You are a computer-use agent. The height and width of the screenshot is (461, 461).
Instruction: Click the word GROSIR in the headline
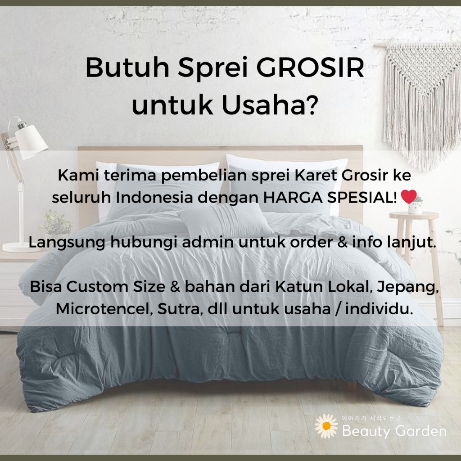point(310,68)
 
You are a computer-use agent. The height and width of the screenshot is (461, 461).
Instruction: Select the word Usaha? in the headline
point(270,104)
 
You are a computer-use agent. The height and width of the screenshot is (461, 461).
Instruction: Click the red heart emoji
point(409,196)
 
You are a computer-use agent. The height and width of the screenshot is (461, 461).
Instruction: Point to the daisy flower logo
point(326,426)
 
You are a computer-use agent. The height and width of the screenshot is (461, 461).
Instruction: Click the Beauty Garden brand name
point(394,431)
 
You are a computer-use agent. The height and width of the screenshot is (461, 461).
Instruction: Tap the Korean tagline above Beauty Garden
point(371,418)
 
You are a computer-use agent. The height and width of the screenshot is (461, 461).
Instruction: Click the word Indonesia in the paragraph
point(154,197)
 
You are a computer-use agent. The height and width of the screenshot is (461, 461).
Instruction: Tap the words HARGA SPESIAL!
point(330,197)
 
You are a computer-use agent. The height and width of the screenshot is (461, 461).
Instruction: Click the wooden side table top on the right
point(414,216)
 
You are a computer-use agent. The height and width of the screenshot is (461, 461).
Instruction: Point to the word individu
point(379,309)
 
